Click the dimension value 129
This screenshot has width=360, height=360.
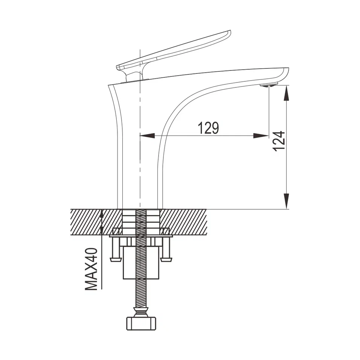(x=209, y=128)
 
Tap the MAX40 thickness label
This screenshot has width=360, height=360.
(x=92, y=269)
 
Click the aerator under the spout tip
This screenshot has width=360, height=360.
(x=269, y=85)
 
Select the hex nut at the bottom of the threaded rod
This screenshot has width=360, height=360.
(x=140, y=323)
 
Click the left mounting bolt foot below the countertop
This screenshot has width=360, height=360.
(x=115, y=259)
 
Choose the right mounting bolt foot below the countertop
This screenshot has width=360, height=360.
(x=165, y=259)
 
